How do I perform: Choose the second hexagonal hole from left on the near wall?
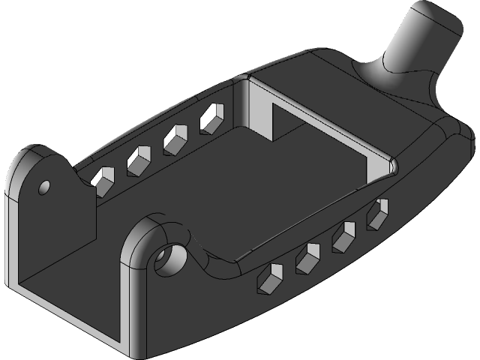coord(307,257)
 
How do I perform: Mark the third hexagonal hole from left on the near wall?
coord(343,236)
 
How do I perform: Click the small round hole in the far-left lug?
coord(43,185)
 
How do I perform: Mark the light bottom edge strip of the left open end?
coord(67,316)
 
